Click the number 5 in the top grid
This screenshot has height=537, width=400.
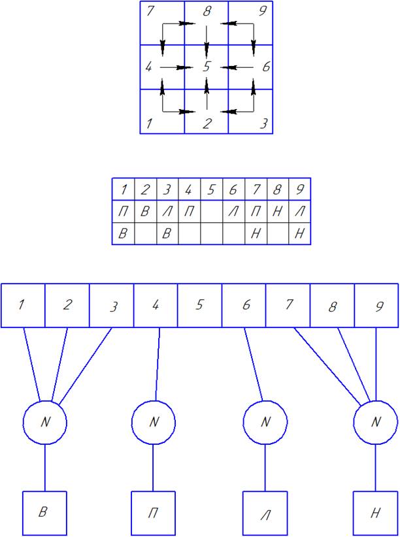point(207,67)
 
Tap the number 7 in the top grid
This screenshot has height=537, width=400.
point(150,11)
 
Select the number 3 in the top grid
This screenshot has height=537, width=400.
point(263,123)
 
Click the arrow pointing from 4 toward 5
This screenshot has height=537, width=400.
point(174,67)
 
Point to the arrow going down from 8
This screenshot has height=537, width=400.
point(207,41)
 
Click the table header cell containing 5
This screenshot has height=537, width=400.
point(210,190)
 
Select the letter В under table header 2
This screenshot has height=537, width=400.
point(145,212)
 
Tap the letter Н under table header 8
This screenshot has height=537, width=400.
point(277,212)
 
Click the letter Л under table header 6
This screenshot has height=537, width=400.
point(233,212)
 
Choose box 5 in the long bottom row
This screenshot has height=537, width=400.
point(200,305)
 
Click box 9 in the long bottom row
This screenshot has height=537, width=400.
point(376,305)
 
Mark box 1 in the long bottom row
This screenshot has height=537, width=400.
point(23,305)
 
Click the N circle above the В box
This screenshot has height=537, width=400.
point(45,422)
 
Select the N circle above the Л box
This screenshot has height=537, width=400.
point(265,422)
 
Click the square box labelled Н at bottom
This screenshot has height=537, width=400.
point(375,513)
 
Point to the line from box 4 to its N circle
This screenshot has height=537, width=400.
point(158,363)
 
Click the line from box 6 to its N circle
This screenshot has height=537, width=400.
point(254,363)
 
